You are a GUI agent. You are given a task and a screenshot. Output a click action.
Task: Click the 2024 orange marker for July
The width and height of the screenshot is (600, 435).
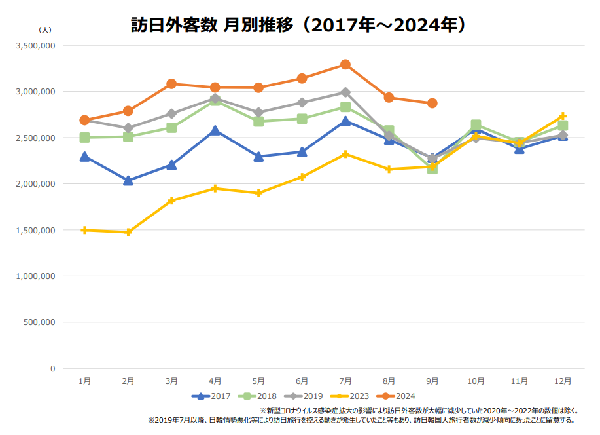click(345, 64)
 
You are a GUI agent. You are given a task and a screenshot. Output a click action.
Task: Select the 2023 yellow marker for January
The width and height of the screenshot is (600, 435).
click(84, 230)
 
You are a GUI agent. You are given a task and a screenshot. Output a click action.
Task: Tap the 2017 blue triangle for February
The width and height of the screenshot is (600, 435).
click(128, 180)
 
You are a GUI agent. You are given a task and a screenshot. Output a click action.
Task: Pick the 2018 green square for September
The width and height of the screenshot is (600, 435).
click(432, 168)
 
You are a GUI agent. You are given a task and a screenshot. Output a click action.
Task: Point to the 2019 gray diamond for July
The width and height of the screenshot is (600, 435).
click(345, 92)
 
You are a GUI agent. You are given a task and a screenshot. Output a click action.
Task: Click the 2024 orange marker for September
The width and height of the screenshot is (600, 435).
click(432, 104)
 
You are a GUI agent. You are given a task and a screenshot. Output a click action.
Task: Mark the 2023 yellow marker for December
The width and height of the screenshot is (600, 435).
click(563, 116)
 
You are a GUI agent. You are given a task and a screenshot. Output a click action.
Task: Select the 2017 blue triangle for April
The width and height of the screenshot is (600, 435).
click(215, 130)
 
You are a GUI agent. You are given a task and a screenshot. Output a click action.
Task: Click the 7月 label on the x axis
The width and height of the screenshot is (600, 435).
click(345, 381)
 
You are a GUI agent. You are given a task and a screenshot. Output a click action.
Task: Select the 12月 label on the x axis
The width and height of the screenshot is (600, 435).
click(563, 381)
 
